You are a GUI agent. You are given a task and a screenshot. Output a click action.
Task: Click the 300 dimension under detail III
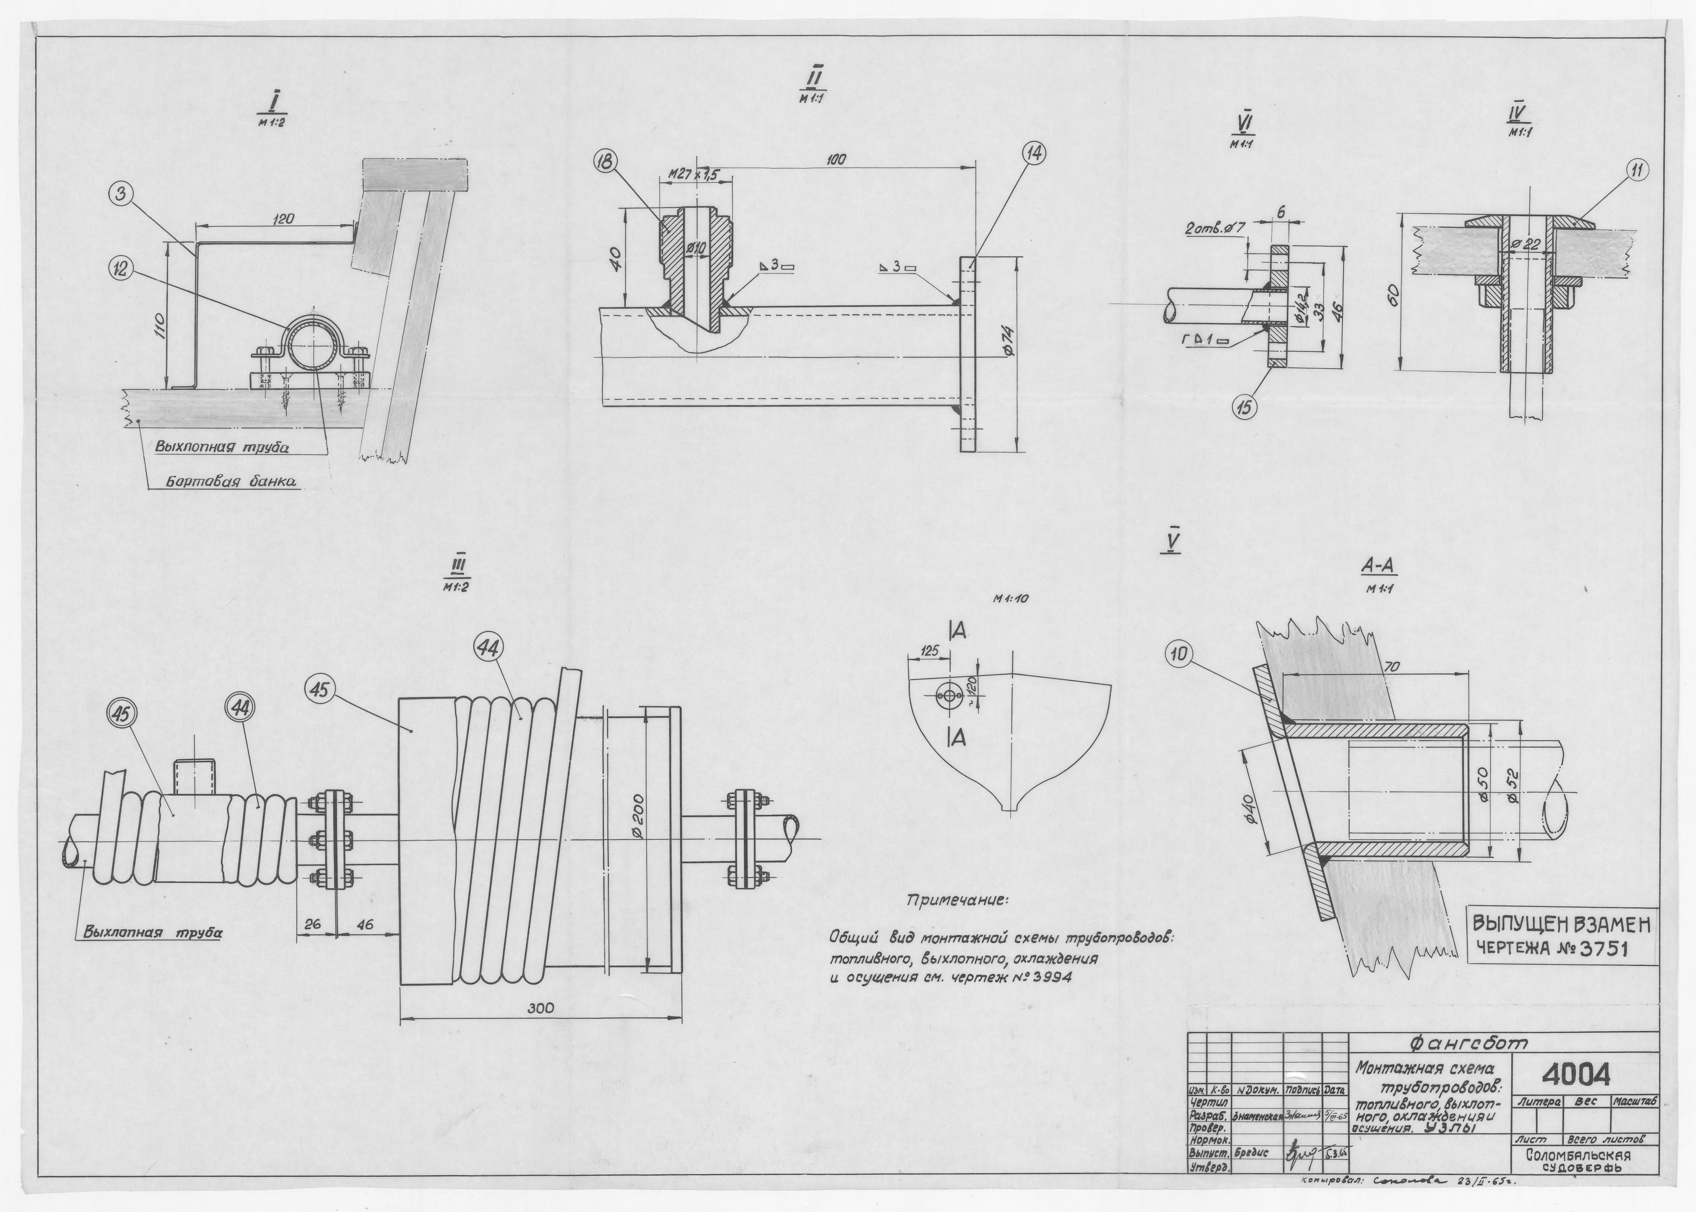pos(540,1008)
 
